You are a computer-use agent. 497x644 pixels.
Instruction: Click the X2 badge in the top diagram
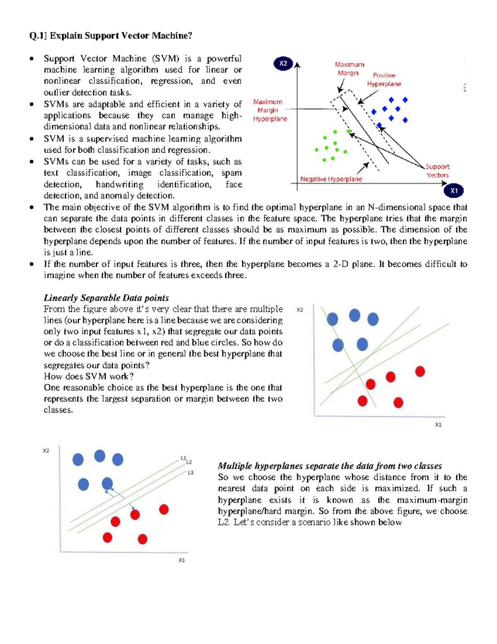tap(283, 63)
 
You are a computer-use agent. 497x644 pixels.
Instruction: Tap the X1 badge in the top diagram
tap(454, 191)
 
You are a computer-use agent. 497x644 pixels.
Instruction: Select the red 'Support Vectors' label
tap(437, 170)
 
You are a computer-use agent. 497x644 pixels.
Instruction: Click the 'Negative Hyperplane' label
tap(331, 179)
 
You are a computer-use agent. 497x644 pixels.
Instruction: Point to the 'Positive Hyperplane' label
tap(384, 79)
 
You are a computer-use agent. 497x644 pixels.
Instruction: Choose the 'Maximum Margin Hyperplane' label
tap(270, 110)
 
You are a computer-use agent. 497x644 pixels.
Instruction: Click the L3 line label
tap(191, 473)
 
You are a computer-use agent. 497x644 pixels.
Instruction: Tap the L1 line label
tap(183, 458)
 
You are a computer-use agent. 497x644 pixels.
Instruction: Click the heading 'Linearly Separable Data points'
tap(106, 298)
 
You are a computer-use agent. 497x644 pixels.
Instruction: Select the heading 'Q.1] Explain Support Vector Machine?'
tap(111, 36)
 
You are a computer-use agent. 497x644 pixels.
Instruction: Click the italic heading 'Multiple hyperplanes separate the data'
tap(330, 466)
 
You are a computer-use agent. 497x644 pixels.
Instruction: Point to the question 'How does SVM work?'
tap(89, 377)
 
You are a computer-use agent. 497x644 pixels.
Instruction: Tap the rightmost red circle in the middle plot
tap(420, 371)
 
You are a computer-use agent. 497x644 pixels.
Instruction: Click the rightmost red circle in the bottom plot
tap(164, 509)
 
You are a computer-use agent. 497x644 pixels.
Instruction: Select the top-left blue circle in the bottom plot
tap(78, 459)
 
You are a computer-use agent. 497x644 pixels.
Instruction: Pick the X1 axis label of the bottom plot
tap(181, 560)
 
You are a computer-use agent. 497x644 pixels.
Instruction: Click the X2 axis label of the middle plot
tap(300, 310)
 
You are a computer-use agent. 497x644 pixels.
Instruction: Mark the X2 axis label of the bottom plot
tap(46, 451)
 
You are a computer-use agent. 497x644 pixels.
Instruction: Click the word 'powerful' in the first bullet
tap(224, 58)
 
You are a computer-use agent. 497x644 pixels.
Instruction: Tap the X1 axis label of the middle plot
tap(438, 425)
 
